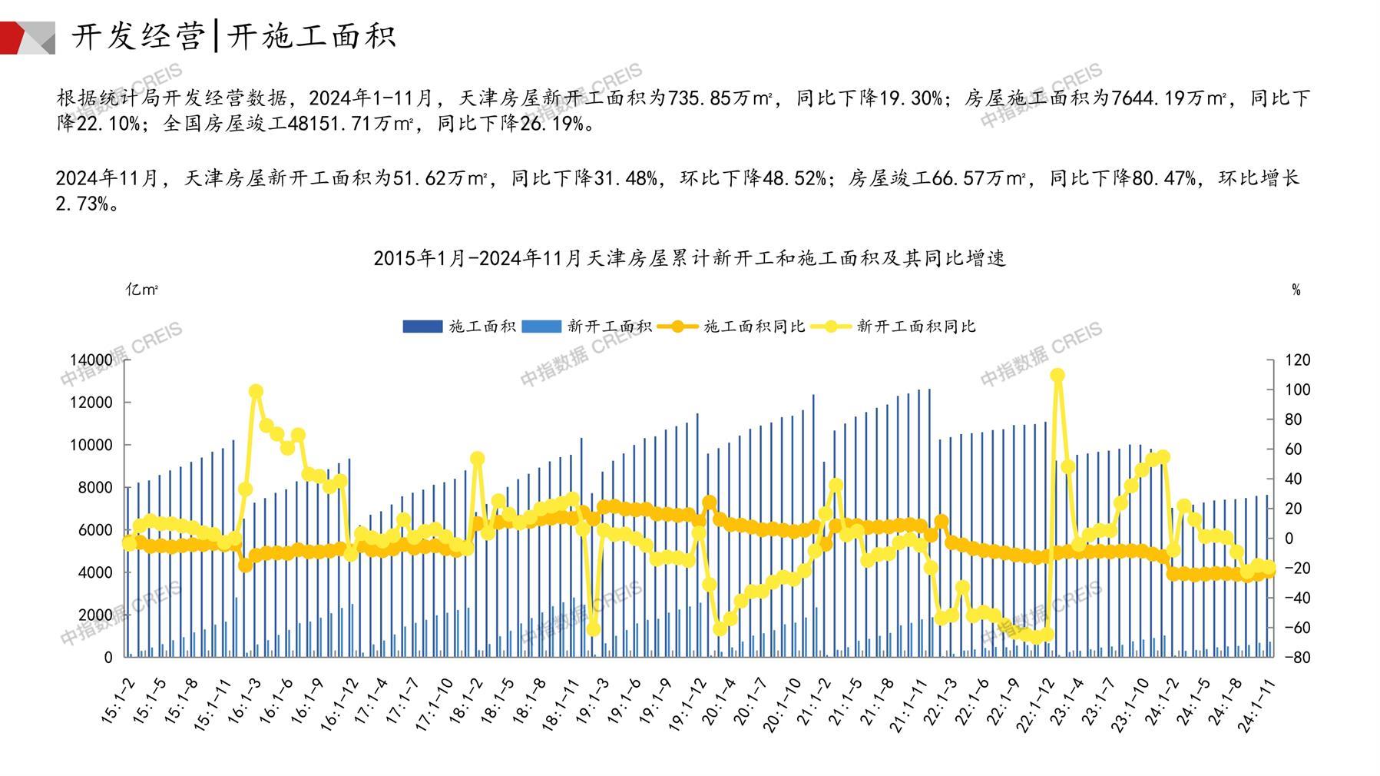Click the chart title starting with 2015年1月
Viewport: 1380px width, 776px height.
tap(689, 258)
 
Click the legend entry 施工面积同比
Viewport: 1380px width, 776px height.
tap(753, 327)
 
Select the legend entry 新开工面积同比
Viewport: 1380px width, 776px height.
tap(915, 327)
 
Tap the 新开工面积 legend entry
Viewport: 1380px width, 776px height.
tap(609, 327)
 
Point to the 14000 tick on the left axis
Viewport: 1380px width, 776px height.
tap(91, 360)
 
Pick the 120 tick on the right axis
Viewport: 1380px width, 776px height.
tap(1297, 360)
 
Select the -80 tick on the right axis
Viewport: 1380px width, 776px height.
tap(1297, 657)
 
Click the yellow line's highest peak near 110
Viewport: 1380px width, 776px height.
tap(1057, 376)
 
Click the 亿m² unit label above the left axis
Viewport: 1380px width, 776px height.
tap(142, 290)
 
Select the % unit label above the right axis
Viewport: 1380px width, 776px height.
tap(1296, 290)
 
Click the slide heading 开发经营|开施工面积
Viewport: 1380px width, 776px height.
tap(233, 36)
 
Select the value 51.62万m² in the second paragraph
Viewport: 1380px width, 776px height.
tap(440, 178)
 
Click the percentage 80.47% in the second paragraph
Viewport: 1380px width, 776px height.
tap(1163, 178)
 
